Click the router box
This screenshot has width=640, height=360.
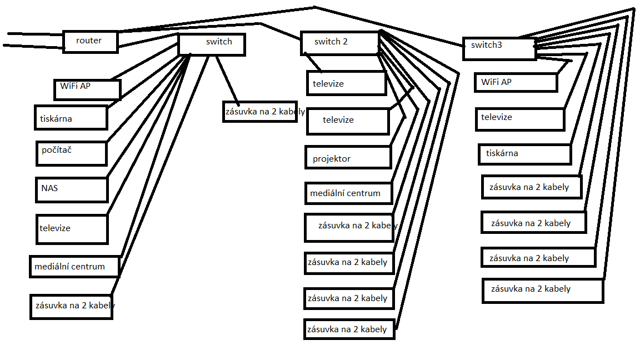pyautogui.click(x=90, y=42)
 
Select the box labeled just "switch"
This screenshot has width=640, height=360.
pyautogui.click(x=212, y=44)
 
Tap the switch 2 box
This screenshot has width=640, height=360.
pyautogui.click(x=339, y=43)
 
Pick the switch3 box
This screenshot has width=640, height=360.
pyautogui.click(x=499, y=48)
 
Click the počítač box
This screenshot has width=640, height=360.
pyautogui.click(x=71, y=153)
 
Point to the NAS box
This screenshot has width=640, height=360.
pyautogui.click(x=71, y=189)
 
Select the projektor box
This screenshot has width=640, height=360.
pyautogui.click(x=348, y=158)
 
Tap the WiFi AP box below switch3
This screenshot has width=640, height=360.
pyautogui.click(x=516, y=82)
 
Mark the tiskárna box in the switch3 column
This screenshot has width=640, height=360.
pyautogui.click(x=524, y=154)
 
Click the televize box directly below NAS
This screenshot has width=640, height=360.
pyautogui.click(x=72, y=229)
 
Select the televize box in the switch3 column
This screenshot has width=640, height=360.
pyautogui.click(x=519, y=119)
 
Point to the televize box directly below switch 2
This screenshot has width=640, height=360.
pyautogui.click(x=346, y=83)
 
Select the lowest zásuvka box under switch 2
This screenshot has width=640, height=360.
pyautogui.click(x=349, y=329)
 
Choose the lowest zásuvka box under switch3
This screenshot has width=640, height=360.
pyautogui.click(x=542, y=291)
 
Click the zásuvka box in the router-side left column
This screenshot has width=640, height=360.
pyautogui.click(x=71, y=306)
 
